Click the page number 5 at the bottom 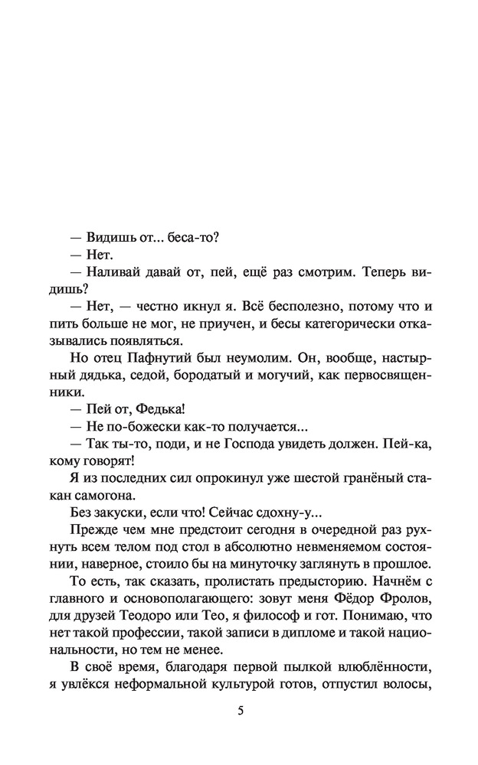click(x=240, y=711)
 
